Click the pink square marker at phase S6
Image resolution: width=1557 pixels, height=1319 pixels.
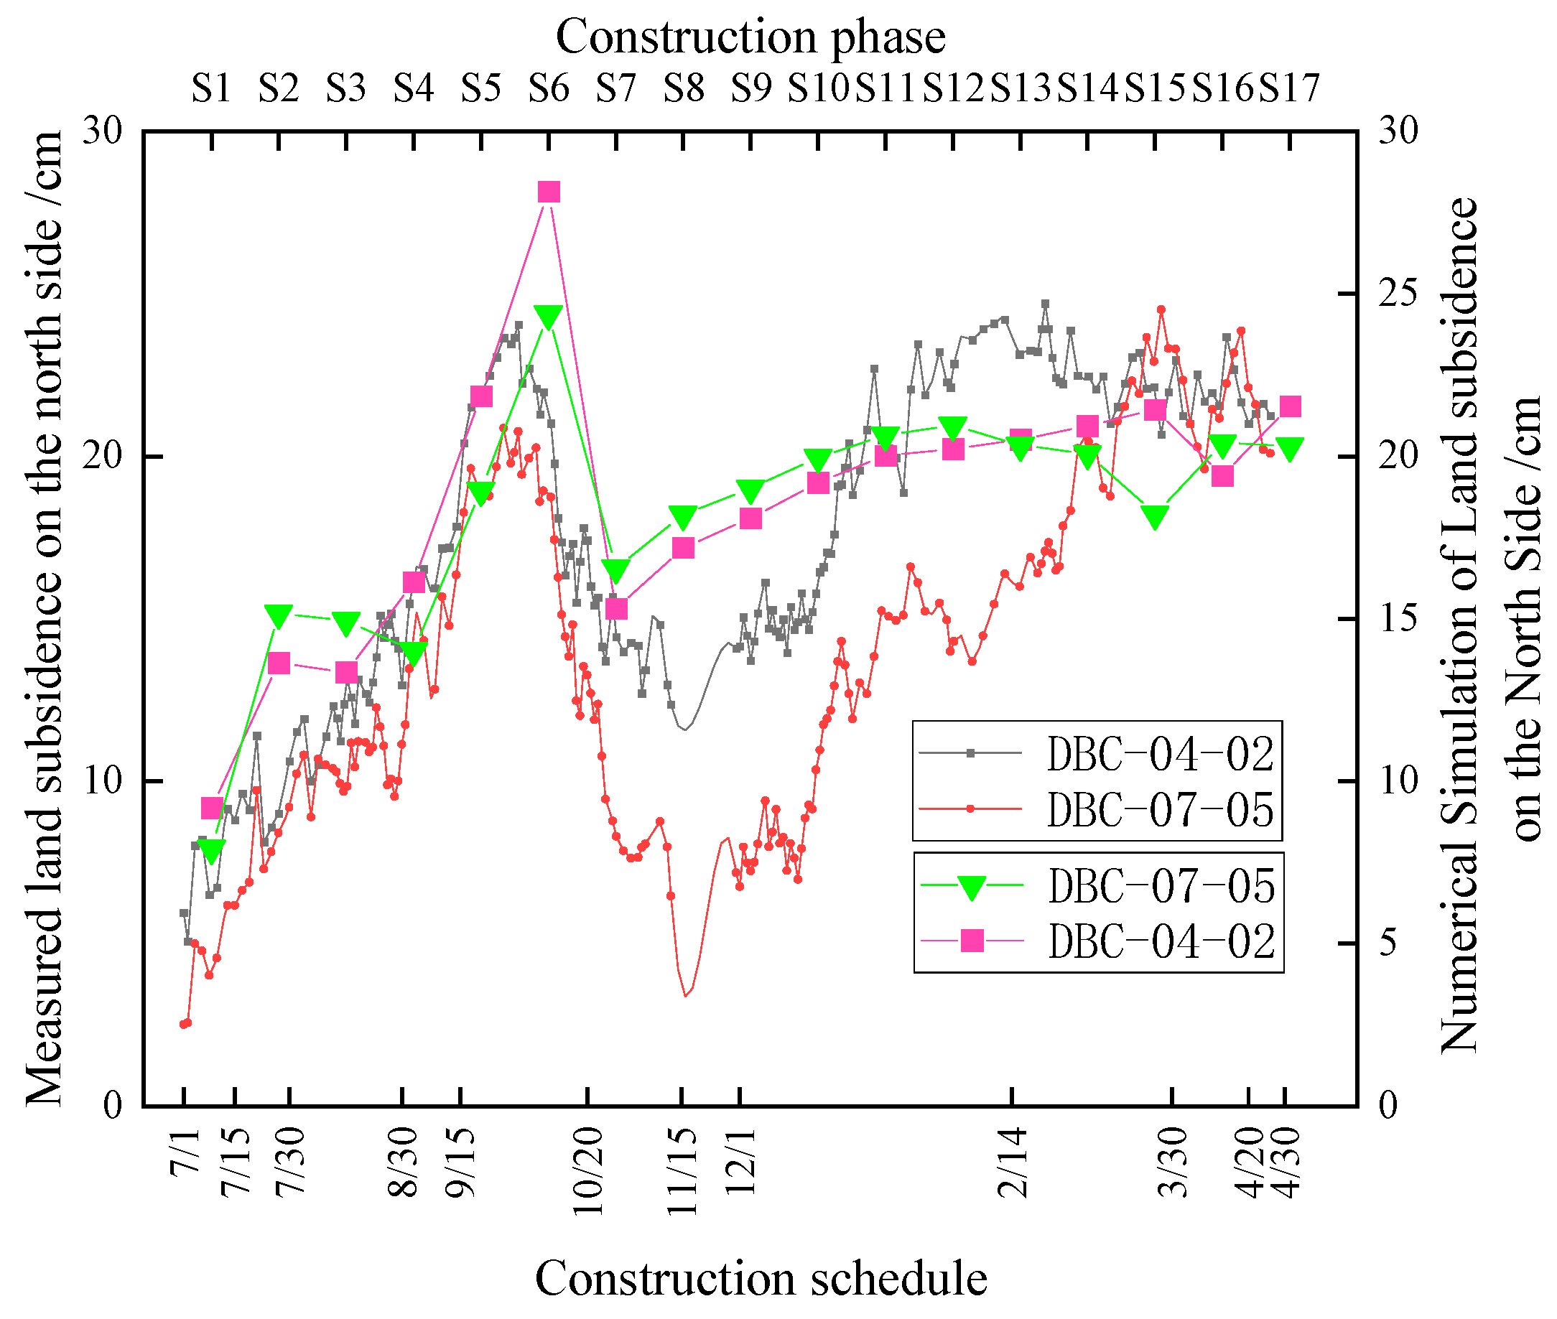pos(549,192)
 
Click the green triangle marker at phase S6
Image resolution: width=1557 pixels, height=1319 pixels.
pos(548,317)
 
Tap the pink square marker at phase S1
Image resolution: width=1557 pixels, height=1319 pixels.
pos(213,808)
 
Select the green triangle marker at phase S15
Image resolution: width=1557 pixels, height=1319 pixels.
pos(1156,517)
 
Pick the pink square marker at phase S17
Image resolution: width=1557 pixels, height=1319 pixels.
pos(1291,407)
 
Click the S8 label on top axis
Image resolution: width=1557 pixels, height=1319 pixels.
pos(684,88)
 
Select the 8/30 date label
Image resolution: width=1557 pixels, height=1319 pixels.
pos(404,1163)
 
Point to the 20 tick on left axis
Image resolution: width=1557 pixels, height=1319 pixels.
pos(102,456)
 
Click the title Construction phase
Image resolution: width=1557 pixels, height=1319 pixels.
pos(750,37)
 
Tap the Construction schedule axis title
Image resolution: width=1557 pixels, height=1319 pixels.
pos(761,1278)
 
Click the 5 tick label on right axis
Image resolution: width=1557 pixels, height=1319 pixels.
pos(1388,943)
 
